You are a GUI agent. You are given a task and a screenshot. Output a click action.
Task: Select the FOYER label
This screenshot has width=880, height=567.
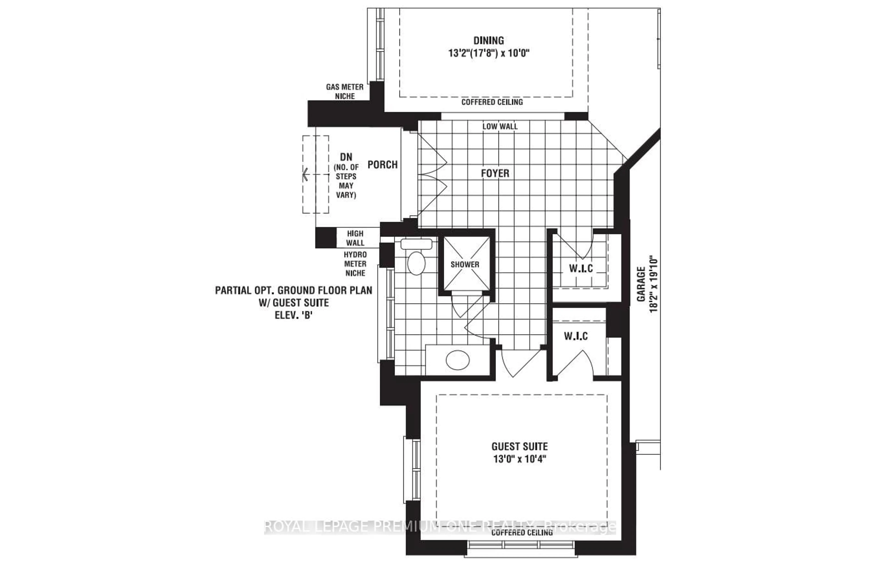pos(495,173)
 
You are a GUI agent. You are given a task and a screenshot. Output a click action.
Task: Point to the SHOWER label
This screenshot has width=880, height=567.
pos(465,264)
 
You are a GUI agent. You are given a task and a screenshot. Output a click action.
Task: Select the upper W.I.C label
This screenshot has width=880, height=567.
pos(581,268)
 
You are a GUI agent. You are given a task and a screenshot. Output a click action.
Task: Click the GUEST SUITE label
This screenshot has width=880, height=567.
pos(519,447)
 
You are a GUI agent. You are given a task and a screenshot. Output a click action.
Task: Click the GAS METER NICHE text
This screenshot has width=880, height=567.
pos(345,92)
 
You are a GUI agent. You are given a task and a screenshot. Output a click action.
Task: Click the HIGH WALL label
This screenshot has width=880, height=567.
pos(355,238)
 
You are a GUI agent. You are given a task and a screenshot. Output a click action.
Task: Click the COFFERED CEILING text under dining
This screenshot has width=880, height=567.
pos(492,102)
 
